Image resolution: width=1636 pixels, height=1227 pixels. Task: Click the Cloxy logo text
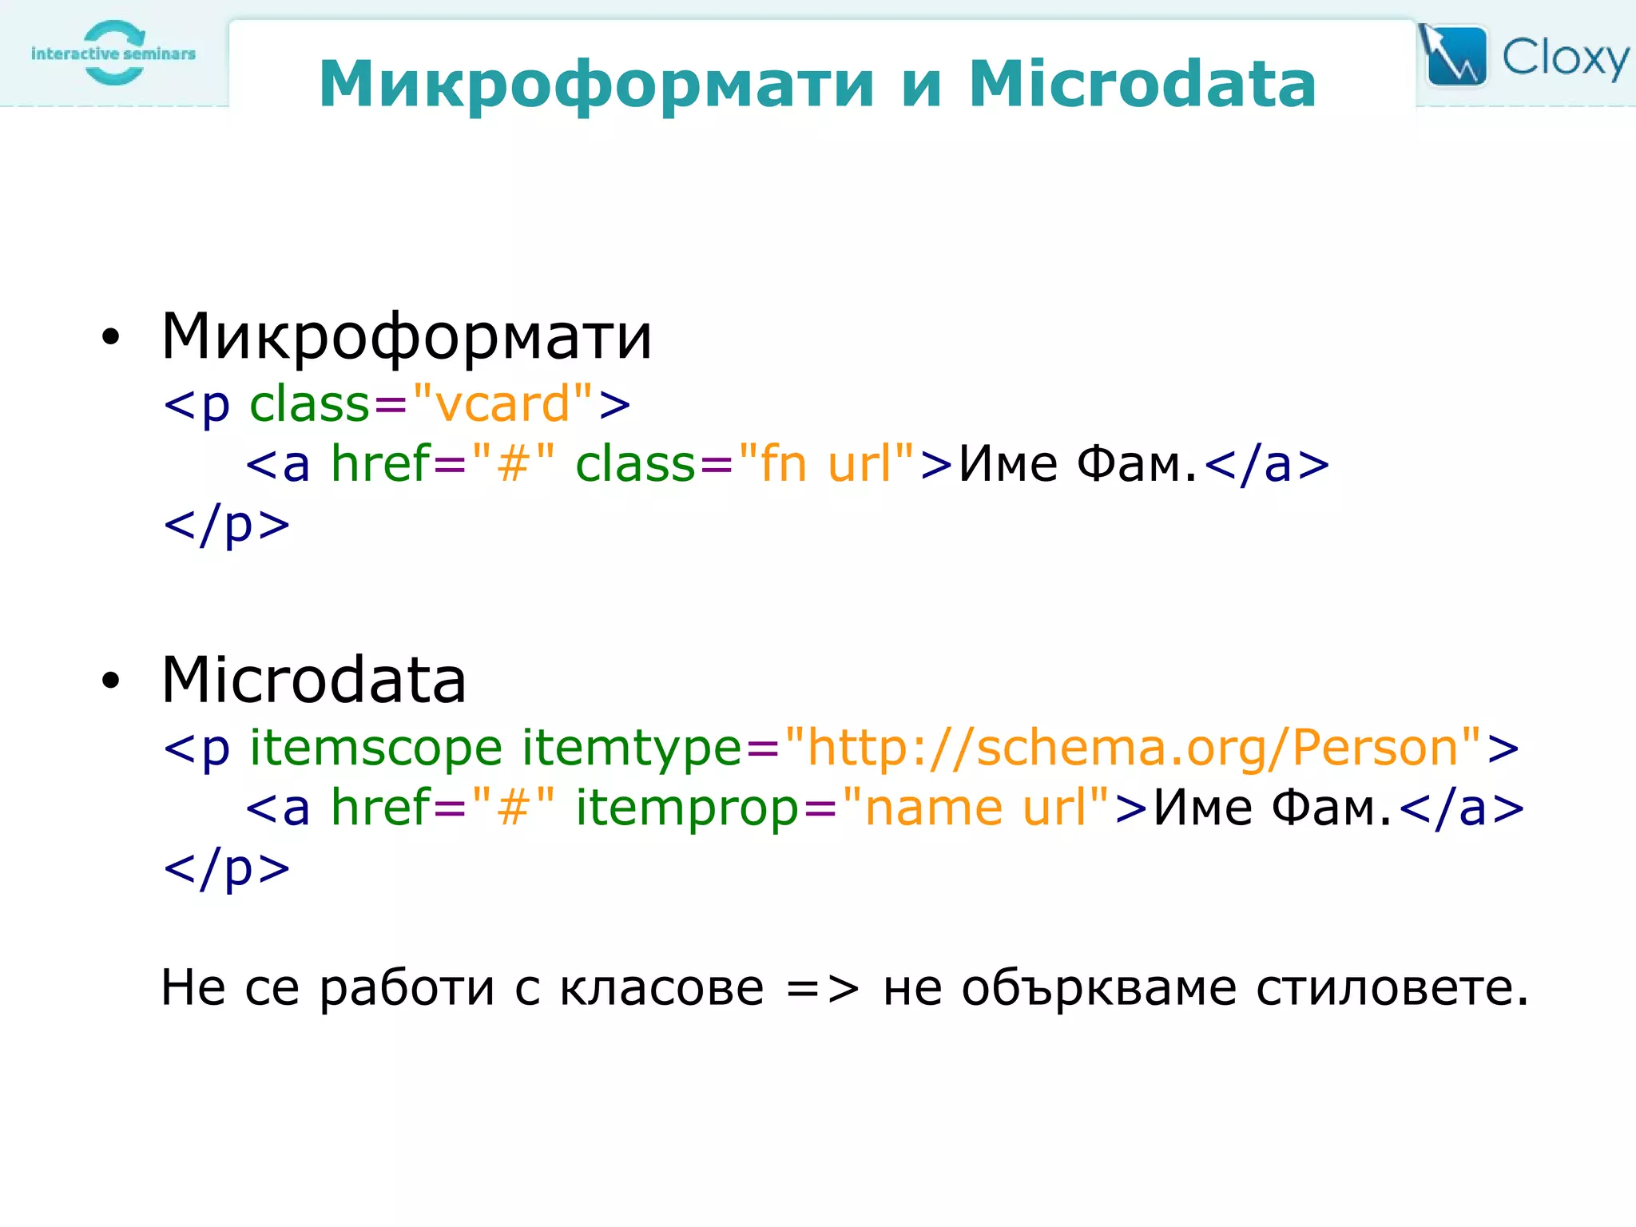tap(1564, 58)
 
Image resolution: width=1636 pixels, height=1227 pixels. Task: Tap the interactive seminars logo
tap(113, 53)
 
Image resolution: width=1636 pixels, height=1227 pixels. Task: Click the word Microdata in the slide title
tap(1142, 84)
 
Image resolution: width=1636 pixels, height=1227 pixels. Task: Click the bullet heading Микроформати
tap(407, 336)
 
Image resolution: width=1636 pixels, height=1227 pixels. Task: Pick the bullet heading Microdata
tap(314, 680)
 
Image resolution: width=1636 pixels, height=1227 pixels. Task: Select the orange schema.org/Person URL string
tap(1133, 748)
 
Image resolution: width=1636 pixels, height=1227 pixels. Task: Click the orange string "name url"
tap(975, 808)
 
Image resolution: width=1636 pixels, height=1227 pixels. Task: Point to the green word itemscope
tap(375, 748)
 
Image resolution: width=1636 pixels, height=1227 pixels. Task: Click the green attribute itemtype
tap(632, 748)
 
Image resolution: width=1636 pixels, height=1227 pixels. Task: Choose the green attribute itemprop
tap(687, 808)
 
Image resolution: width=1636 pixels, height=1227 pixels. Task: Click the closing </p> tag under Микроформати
tap(227, 526)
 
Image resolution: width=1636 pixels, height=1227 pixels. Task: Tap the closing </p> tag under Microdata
tap(227, 869)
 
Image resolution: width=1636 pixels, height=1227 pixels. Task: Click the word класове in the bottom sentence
tap(661, 988)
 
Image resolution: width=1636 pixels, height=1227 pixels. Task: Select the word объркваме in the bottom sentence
tap(1099, 988)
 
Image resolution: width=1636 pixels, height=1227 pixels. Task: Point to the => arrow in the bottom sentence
tap(823, 989)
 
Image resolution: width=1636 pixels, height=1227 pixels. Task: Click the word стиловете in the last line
tap(1391, 988)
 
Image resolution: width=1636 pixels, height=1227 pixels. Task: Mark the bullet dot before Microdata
tap(110, 681)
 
